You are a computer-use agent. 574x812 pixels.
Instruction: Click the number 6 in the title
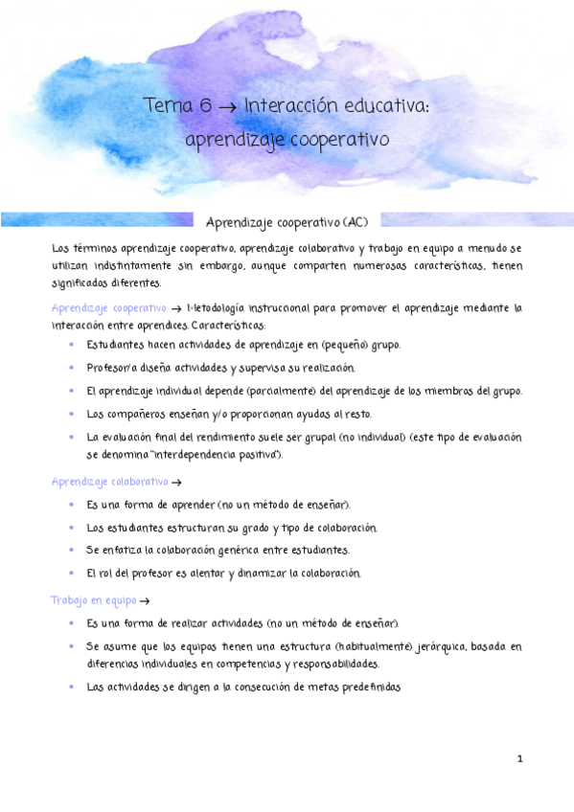[x=205, y=106]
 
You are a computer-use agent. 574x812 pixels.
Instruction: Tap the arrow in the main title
[x=228, y=107]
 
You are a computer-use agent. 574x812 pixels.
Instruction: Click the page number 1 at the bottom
[x=520, y=759]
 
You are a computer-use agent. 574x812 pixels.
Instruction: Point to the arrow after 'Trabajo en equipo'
[x=145, y=601]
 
